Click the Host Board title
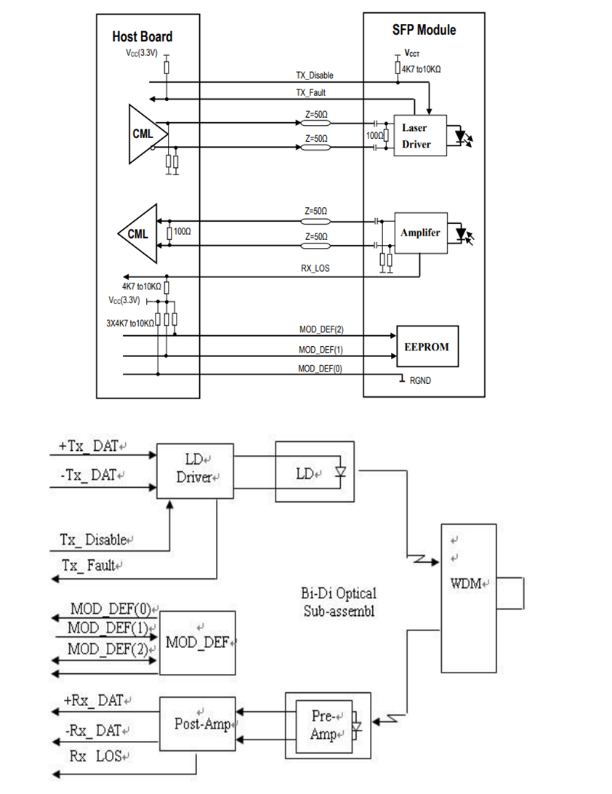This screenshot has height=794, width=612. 142,36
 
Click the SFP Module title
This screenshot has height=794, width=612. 424,30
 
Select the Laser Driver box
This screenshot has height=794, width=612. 416,136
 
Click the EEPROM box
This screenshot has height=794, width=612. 427,346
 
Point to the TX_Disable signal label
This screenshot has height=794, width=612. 315,76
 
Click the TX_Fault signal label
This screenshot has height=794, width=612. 311,92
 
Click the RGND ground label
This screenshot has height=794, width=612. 421,380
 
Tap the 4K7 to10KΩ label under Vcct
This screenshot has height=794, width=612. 422,69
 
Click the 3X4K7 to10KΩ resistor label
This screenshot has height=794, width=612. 129,321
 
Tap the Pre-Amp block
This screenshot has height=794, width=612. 322,726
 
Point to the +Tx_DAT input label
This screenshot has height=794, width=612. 85,446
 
